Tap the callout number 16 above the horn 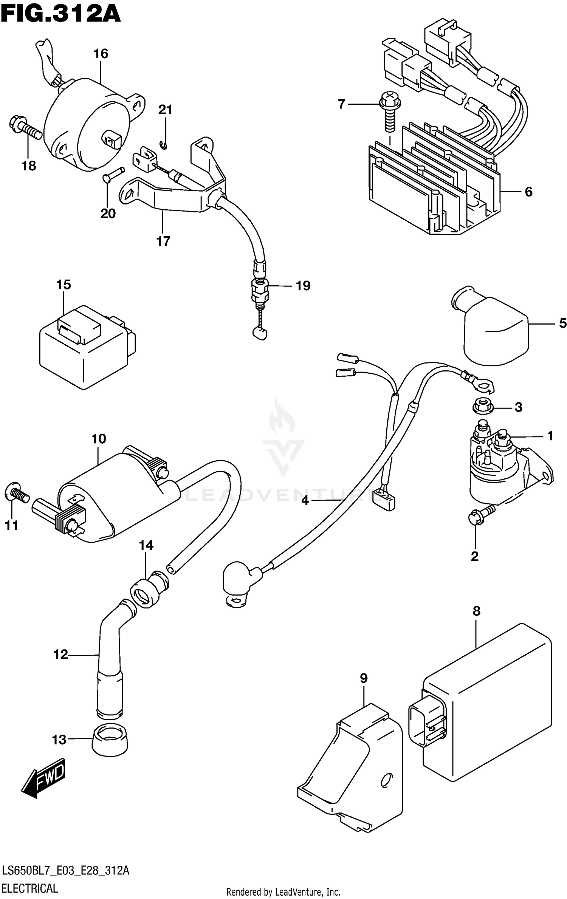[101, 54]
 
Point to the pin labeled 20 [113, 176]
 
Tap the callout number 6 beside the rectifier [528, 192]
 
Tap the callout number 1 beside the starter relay [550, 436]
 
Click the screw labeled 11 [17, 494]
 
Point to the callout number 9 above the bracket [363, 678]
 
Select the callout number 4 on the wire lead [305, 501]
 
